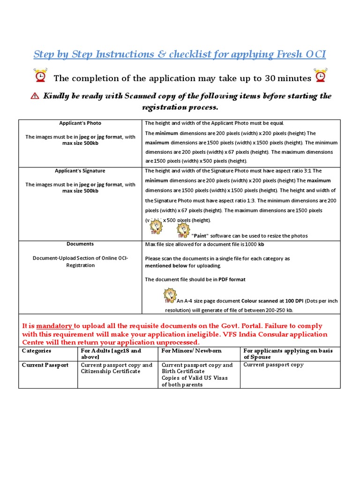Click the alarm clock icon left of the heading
tap(40, 76)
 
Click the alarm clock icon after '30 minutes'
tap(321, 76)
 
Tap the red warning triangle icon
tap(35, 96)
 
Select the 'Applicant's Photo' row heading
tap(80, 123)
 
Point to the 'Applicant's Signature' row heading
tap(80, 171)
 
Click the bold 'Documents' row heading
tap(80, 244)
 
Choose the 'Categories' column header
tap(37, 351)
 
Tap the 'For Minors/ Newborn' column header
tap(191, 351)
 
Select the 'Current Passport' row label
tap(45, 365)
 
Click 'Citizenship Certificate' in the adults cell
tap(111, 371)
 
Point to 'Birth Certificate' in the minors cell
tap(183, 371)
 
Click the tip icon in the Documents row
tap(170, 295)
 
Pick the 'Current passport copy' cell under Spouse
tap(273, 365)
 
